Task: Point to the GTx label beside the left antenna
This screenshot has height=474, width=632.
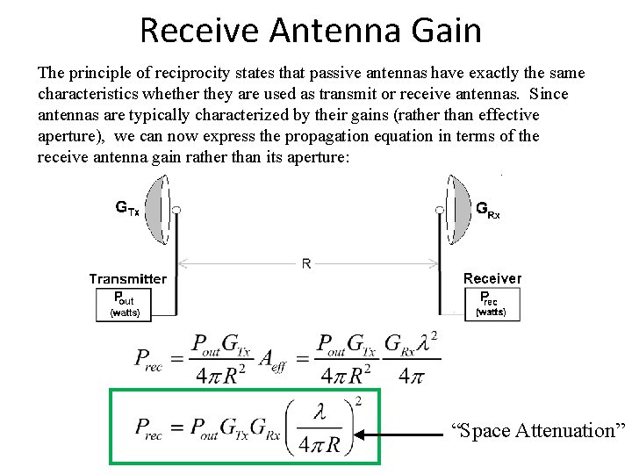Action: (x=127, y=209)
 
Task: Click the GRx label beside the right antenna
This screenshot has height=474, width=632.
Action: (x=488, y=209)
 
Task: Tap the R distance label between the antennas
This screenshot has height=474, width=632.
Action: (x=305, y=264)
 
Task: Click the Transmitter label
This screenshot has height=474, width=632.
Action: (x=127, y=278)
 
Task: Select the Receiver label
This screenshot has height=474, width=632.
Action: (x=492, y=278)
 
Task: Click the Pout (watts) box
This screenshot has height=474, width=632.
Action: (x=124, y=304)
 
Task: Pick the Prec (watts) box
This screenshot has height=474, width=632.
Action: (x=489, y=303)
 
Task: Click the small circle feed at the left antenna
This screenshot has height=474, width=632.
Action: (x=176, y=210)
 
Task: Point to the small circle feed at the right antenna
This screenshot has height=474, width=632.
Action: (x=439, y=210)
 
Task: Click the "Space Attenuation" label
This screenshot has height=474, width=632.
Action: (x=538, y=430)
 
